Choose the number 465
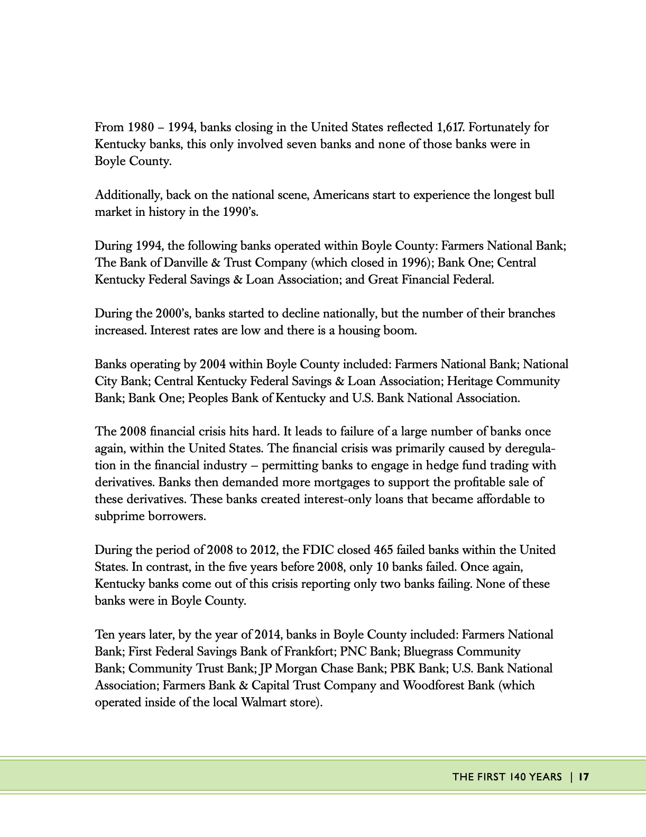pyautogui.click(x=383, y=550)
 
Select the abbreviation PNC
pyautogui.click(x=353, y=652)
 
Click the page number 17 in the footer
pyautogui.click(x=584, y=777)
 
